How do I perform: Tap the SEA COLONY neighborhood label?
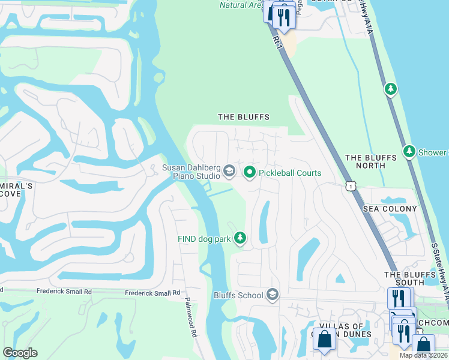click(390, 209)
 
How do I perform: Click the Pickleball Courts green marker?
click(249, 173)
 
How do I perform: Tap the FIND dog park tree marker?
click(240, 239)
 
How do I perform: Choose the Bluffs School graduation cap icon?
click(273, 295)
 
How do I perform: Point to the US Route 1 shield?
click(351, 187)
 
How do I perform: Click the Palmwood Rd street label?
click(191, 316)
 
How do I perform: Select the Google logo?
click(20, 353)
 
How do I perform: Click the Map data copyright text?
click(424, 355)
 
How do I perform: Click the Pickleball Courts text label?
click(291, 173)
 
